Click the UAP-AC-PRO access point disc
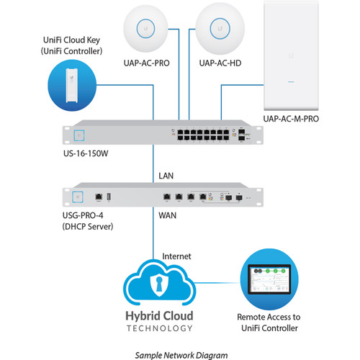[x=145, y=29]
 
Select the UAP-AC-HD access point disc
[x=220, y=29]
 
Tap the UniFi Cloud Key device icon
[x=72, y=85]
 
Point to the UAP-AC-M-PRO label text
[x=291, y=119]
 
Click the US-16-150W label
[x=86, y=153]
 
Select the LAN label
[x=166, y=176]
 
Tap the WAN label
[x=167, y=215]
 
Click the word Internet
[x=176, y=256]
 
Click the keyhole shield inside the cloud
[x=159, y=286]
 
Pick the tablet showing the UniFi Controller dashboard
[x=269, y=279]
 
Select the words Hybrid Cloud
[x=159, y=316]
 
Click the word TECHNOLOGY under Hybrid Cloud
[x=159, y=328]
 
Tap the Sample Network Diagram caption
[x=181, y=355]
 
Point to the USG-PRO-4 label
[x=83, y=215]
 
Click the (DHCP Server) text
[x=88, y=226]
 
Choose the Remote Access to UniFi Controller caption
[x=269, y=323]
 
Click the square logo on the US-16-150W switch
[x=79, y=135]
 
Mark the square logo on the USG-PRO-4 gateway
[x=78, y=197]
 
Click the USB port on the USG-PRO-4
[x=109, y=197]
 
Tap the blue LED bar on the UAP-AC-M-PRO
[x=291, y=82]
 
